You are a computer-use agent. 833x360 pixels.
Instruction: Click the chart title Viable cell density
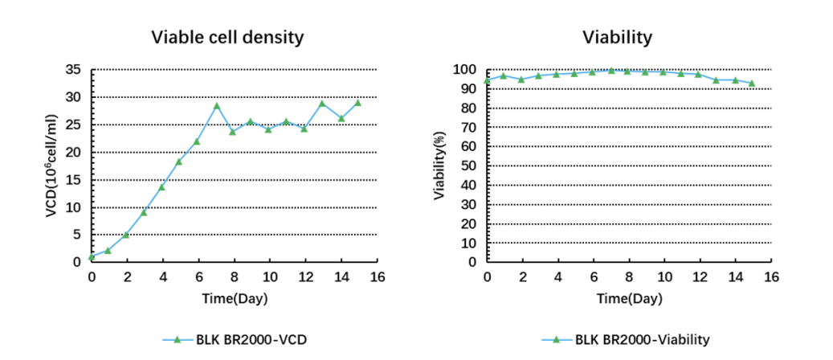pos(228,37)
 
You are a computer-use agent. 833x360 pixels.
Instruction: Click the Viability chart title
pos(618,37)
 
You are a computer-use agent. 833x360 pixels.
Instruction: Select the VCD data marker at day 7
pos(217,105)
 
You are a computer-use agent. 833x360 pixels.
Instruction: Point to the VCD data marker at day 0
pos(92,256)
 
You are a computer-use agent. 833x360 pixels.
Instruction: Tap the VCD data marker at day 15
pos(357,102)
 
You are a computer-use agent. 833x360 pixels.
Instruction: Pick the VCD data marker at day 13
pos(322,103)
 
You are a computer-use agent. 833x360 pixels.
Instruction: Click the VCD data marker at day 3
pos(144,212)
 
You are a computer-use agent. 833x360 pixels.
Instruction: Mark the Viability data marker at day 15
pos(752,83)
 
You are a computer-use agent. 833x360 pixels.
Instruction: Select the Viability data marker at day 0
pos(487,80)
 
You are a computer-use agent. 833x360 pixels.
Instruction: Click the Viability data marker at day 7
pos(611,71)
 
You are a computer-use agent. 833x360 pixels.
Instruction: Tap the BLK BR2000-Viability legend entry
pos(626,339)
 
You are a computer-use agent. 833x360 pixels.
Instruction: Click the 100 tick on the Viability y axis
pos(467,70)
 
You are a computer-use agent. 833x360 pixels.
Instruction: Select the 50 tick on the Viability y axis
pos(470,166)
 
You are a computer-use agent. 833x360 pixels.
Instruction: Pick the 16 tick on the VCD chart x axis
pos(378,277)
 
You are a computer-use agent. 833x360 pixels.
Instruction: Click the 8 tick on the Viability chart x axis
pos(629,277)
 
